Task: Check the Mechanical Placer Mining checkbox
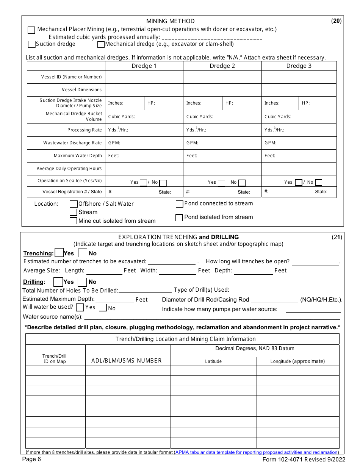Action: pos(31,30)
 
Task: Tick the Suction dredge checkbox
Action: pos(31,44)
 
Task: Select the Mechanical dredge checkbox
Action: pos(101,45)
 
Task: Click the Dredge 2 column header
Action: pos(222,66)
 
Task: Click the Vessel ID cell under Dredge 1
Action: pos(144,77)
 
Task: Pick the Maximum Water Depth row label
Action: pos(78,156)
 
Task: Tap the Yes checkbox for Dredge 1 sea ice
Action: pos(143,183)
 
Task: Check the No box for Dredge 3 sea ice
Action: pos(319,183)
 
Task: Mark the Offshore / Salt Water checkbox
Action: pos(74,204)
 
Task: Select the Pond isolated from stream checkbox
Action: pos(179,218)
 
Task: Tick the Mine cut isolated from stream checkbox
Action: pos(74,221)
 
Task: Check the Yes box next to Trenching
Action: pos(59,253)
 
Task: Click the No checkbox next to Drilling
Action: pos(82,282)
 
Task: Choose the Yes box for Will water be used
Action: pos(80,307)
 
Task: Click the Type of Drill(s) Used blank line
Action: pos(286,290)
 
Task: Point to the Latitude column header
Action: pos(213,361)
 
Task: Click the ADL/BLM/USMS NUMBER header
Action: pos(127,361)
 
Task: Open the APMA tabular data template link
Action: pos(256,452)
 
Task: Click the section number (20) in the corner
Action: pos(337,21)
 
